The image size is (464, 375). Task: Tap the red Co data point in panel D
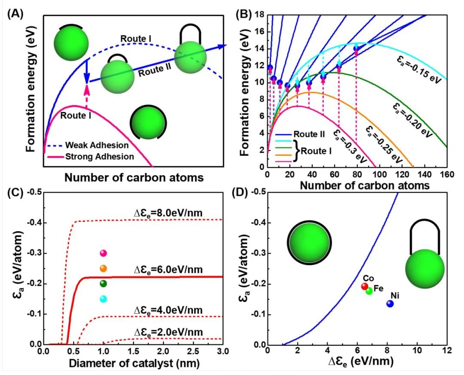(x=365, y=286)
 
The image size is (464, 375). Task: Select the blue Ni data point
(x=390, y=303)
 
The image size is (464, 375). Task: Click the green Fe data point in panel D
(x=369, y=291)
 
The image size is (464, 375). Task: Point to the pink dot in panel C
(x=103, y=253)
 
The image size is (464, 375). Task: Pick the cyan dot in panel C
(x=103, y=299)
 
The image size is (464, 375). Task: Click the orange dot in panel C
(x=103, y=269)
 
